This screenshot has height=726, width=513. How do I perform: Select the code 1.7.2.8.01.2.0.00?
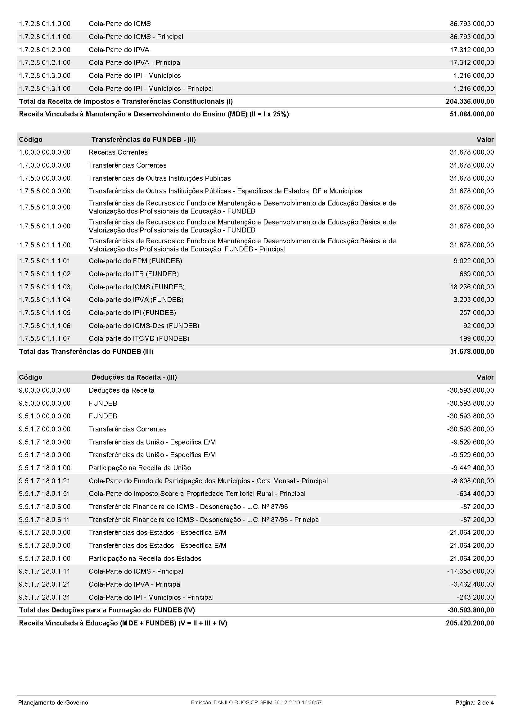click(x=45, y=50)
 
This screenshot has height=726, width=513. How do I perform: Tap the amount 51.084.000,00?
click(x=472, y=114)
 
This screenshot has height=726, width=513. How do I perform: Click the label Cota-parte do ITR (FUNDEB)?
click(x=134, y=274)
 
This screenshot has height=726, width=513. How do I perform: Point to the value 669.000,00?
click(x=476, y=274)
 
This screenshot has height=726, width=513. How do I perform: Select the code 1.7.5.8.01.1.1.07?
click(x=45, y=339)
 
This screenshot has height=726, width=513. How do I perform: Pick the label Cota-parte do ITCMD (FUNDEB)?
click(x=139, y=339)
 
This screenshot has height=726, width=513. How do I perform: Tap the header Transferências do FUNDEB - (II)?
click(x=143, y=139)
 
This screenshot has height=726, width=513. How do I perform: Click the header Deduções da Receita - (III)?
click(x=134, y=377)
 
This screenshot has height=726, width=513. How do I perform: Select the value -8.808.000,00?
click(x=472, y=481)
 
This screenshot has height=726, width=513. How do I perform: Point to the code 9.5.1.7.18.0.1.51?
click(x=45, y=494)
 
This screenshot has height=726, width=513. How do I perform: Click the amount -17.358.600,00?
click(x=470, y=571)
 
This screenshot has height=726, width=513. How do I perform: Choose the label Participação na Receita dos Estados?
click(x=145, y=558)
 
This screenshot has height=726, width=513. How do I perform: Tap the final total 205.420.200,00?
click(x=470, y=623)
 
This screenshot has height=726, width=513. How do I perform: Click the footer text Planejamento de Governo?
click(x=53, y=703)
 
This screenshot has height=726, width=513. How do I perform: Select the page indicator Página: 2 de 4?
click(x=474, y=703)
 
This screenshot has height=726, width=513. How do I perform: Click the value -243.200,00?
click(x=475, y=597)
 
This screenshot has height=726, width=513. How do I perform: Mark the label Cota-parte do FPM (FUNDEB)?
click(x=135, y=261)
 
